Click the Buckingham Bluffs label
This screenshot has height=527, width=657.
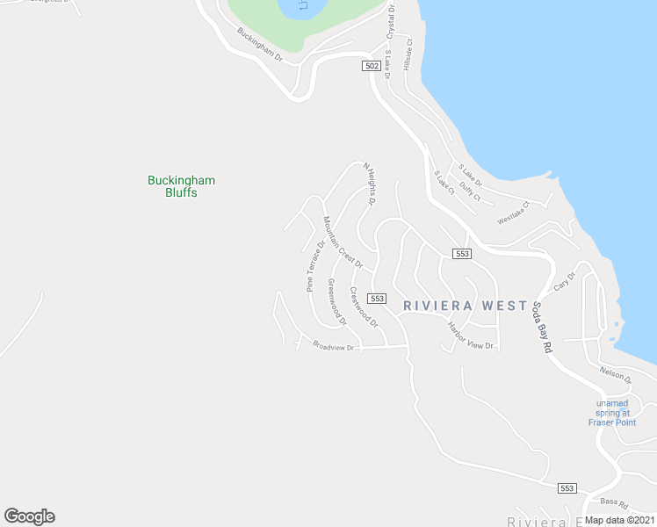tap(181, 186)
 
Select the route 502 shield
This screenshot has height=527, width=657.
tap(372, 66)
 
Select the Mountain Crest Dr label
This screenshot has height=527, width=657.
tap(343, 242)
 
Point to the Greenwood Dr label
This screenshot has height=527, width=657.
tap(337, 302)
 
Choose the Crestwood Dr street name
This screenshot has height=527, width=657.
tap(364, 307)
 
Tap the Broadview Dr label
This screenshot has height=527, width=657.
tap(333, 347)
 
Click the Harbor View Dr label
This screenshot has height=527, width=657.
tap(472, 336)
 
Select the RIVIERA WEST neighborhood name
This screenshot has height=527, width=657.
tap(466, 306)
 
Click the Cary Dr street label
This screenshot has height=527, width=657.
tap(564, 282)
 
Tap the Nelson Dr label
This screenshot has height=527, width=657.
tap(617, 376)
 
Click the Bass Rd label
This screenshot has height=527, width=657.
tap(615, 503)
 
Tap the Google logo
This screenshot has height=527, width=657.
tap(29, 516)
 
